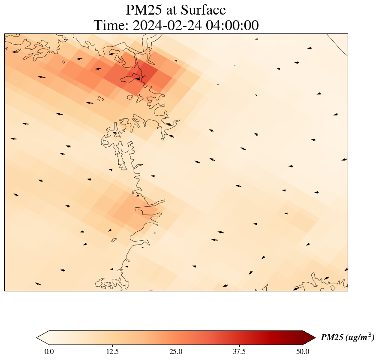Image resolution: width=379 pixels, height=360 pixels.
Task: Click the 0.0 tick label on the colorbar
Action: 49,352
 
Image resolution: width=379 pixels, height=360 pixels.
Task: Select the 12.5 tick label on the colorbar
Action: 112,352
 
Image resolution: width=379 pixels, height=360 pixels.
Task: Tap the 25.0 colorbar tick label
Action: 176,352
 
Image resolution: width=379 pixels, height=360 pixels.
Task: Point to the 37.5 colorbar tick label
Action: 239,352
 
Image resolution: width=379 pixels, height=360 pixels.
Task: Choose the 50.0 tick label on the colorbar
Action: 303,352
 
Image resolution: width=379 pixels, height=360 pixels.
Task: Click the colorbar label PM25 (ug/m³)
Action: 347,337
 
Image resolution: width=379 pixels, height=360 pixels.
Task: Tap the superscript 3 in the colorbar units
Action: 371,335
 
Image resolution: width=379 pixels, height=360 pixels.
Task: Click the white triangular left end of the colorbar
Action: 42,337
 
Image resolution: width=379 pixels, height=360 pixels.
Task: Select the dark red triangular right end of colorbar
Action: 309,337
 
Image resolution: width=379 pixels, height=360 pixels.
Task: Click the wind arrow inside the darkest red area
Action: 138,79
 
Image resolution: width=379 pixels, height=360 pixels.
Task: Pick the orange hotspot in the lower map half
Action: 131,210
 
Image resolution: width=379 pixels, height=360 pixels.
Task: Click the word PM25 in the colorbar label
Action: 331,338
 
